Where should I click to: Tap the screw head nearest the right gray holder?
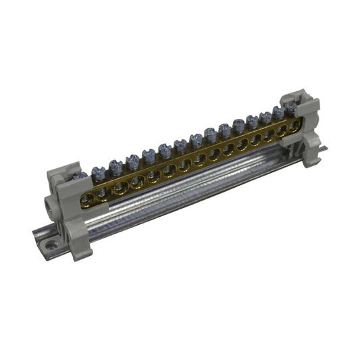(x=290, y=107)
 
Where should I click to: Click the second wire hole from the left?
(x=103, y=192)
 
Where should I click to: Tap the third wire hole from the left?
(x=120, y=186)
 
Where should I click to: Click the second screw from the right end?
(x=278, y=112)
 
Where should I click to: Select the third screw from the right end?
(x=265, y=117)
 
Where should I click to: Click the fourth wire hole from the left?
(x=138, y=180)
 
